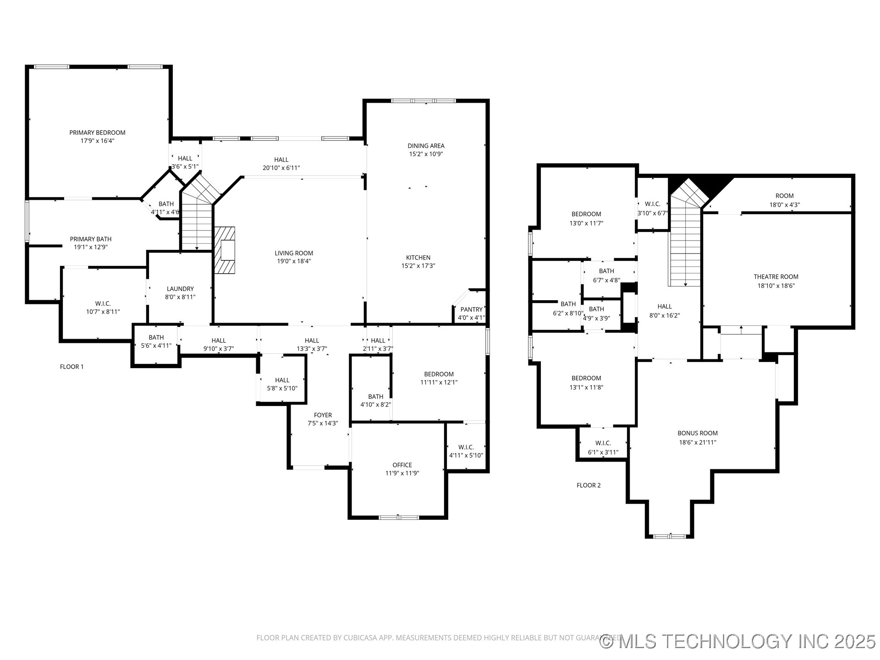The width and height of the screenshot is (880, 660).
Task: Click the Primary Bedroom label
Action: click(x=97, y=132)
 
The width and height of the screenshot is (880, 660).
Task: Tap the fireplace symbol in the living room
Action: click(x=225, y=250)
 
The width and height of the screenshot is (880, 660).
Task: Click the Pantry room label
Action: click(x=471, y=309)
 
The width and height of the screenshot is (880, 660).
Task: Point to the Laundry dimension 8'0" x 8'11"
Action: click(x=180, y=297)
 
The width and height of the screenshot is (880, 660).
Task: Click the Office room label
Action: click(x=402, y=465)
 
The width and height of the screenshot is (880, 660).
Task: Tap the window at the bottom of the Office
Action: click(x=399, y=517)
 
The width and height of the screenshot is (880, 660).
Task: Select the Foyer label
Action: click(x=323, y=415)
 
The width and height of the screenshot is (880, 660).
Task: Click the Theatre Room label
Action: click(x=775, y=277)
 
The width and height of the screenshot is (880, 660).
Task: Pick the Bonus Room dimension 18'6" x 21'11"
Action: click(x=698, y=442)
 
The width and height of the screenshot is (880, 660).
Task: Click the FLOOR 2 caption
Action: click(x=588, y=485)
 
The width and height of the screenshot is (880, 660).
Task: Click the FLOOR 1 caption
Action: click(x=72, y=367)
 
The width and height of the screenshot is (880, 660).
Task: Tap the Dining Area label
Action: click(x=426, y=146)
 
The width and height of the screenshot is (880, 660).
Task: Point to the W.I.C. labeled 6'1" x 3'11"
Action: click(x=603, y=447)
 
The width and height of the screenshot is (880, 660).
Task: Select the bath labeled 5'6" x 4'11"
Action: click(x=156, y=341)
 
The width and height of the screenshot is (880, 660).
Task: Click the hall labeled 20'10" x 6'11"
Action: click(x=281, y=164)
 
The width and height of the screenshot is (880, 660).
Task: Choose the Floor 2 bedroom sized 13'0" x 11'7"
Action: click(x=586, y=219)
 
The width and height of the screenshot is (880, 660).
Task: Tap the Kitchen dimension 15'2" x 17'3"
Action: click(x=418, y=266)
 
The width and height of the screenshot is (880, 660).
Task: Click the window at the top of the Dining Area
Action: click(x=423, y=101)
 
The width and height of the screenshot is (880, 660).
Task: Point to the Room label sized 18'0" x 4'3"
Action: click(x=784, y=200)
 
